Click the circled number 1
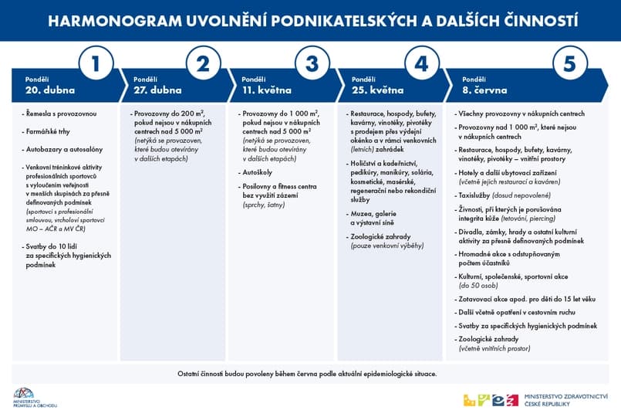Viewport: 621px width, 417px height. (96, 65)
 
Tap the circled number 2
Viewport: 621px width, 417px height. (204, 65)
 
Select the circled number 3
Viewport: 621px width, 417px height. (312, 65)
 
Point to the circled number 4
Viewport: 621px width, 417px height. (421, 65)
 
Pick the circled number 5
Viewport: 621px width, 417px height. (569, 65)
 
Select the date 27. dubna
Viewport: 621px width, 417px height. (157, 90)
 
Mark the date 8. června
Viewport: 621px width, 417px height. (486, 90)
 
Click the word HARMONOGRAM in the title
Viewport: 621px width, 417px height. (98, 21)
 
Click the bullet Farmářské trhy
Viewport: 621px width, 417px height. (49, 131)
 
